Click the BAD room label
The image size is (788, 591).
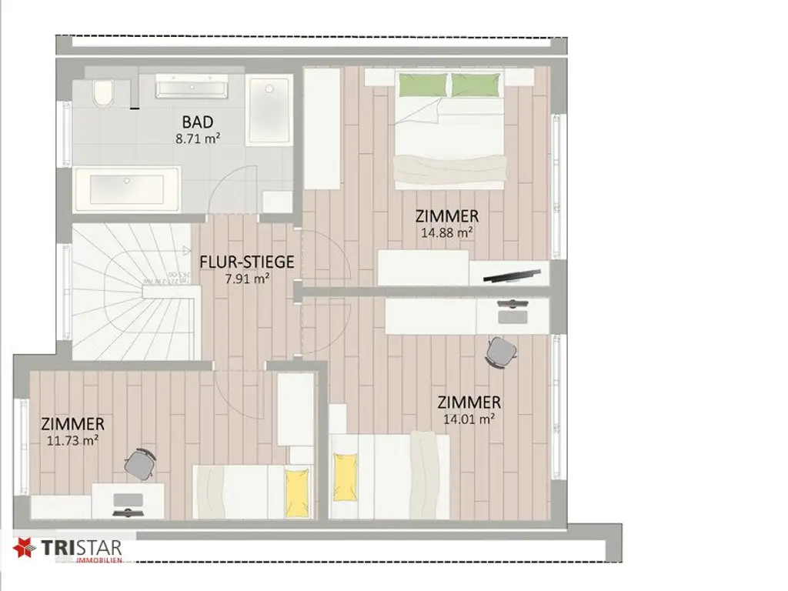click(198, 122)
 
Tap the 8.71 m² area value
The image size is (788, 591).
click(198, 140)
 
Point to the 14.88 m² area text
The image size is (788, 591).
click(446, 232)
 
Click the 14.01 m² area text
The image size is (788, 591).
click(468, 419)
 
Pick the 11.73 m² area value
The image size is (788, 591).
click(72, 440)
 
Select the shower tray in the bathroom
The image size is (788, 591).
click(269, 109)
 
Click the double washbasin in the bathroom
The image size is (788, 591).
click(192, 86)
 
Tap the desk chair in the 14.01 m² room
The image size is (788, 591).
click(502, 351)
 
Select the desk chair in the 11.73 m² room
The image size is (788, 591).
click(141, 462)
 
